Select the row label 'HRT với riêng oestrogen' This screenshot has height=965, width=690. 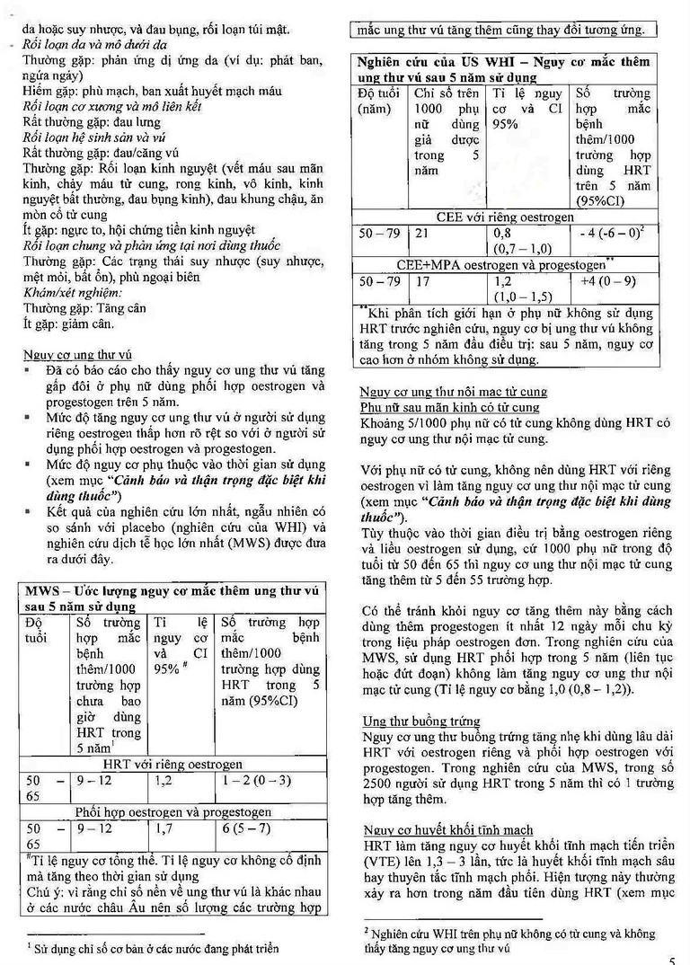click(x=173, y=765)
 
